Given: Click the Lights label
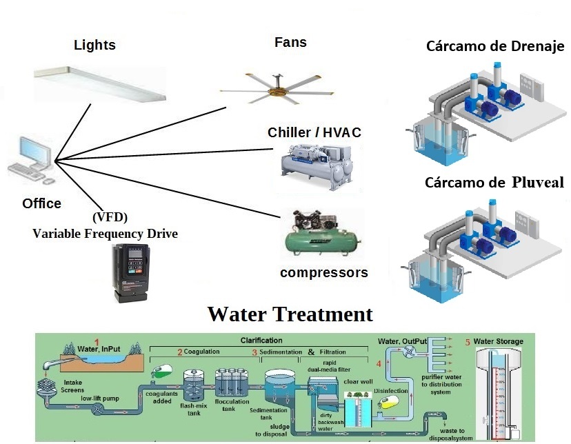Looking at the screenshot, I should pos(94,46).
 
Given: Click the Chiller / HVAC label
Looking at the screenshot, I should pos(314,132).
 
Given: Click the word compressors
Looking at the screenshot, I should pos(323,272).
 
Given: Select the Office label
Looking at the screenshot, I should pos(41,203).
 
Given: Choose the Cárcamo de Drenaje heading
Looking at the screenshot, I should pos(494,47).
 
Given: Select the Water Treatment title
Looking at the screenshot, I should pos(290,314).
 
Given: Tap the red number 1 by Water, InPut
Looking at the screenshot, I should pos(97,342).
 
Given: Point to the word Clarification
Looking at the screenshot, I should pos(261,340).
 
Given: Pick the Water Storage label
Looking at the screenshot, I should pos(498,341).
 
